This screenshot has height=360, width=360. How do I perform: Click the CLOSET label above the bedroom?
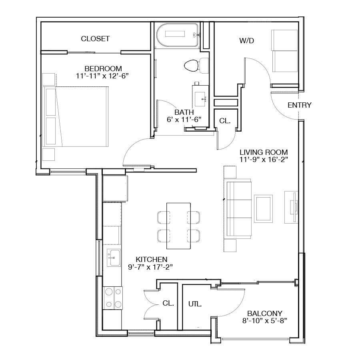pyautogui.click(x=95, y=38)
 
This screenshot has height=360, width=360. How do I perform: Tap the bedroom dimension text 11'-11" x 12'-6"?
pyautogui.click(x=102, y=76)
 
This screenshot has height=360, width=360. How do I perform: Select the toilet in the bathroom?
pyautogui.click(x=196, y=66)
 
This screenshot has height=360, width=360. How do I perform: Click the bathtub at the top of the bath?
pyautogui.click(x=177, y=35)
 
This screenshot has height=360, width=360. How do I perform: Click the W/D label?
pyautogui.click(x=246, y=41)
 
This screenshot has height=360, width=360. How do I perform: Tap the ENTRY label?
pyautogui.click(x=299, y=105)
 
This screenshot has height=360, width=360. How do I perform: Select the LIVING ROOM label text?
pyautogui.click(x=264, y=152)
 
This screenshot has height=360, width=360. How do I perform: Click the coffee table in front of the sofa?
pyautogui.click(x=263, y=209)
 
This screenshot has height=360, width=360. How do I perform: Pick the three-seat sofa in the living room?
pyautogui.click(x=239, y=209)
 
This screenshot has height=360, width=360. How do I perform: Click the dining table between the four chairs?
pyautogui.click(x=178, y=226)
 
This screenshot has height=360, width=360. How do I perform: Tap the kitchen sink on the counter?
pyautogui.click(x=114, y=258)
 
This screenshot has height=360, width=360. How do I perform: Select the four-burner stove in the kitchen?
pyautogui.click(x=112, y=298)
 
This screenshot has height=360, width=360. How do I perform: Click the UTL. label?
pyautogui.click(x=195, y=304)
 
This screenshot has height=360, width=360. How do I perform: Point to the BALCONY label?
pyautogui.click(x=265, y=313)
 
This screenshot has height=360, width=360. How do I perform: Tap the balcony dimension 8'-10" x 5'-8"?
pyautogui.click(x=265, y=320)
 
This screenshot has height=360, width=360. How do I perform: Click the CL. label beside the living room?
pyautogui.click(x=225, y=121)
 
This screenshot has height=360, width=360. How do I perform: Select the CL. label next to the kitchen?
pyautogui.click(x=168, y=303)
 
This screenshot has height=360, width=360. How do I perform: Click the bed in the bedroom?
pyautogui.click(x=75, y=116)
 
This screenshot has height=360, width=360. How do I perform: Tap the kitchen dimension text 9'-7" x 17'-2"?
pyautogui.click(x=150, y=267)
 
